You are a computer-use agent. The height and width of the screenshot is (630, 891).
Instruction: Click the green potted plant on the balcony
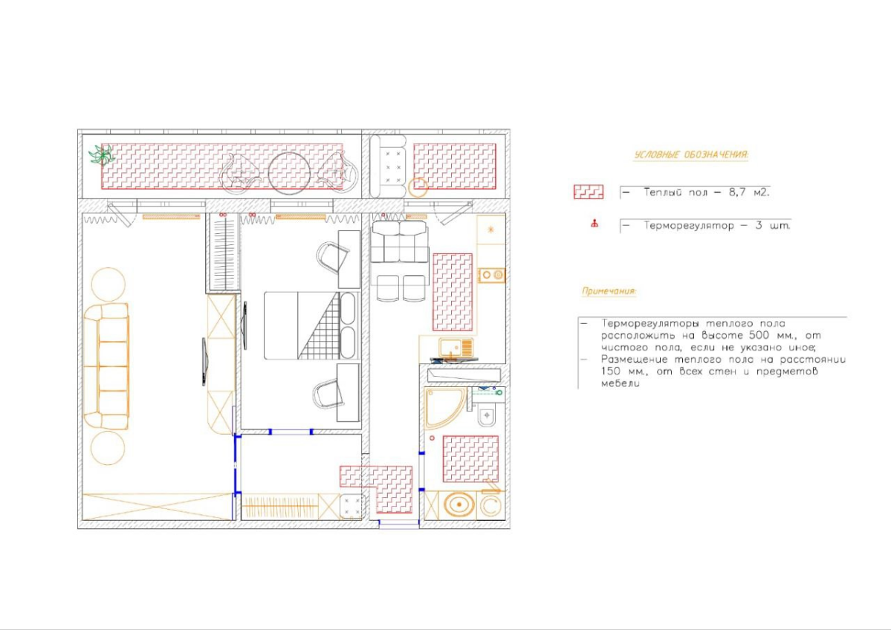pos(103,155)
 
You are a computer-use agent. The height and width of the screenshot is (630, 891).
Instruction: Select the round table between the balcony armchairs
pos(289,173)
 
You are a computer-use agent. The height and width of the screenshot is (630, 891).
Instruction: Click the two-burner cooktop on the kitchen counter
pos(492,276)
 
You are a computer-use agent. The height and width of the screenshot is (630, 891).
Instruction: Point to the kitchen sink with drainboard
pos(456,348)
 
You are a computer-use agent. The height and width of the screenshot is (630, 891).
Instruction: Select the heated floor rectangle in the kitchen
pos(453,292)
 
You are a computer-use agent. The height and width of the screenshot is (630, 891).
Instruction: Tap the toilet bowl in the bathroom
pos(487,415)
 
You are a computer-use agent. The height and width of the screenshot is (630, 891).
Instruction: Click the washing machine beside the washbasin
pos(490,505)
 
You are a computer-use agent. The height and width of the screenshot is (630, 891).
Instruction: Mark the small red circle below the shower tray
pos(432,438)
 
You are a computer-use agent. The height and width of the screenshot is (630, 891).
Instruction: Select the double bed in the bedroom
pos(311,325)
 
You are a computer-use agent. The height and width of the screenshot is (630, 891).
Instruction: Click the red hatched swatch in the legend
pos(588,192)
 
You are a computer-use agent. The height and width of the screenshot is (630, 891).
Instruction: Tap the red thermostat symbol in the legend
pos(594,224)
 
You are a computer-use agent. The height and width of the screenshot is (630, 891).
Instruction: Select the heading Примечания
pos(609,291)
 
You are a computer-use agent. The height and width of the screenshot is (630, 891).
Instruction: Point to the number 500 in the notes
pos(759,335)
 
